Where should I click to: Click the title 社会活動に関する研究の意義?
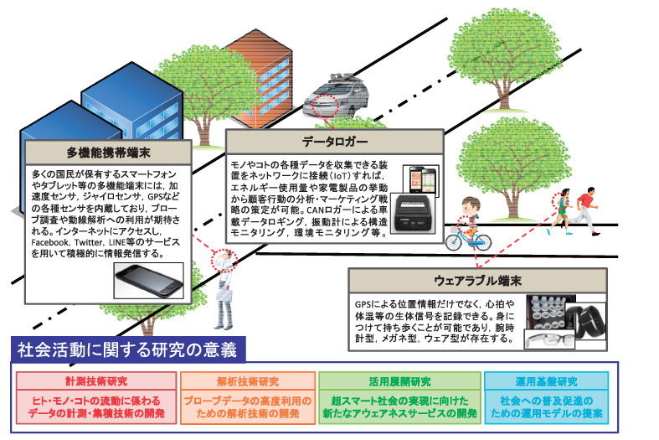click(x=123, y=348)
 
